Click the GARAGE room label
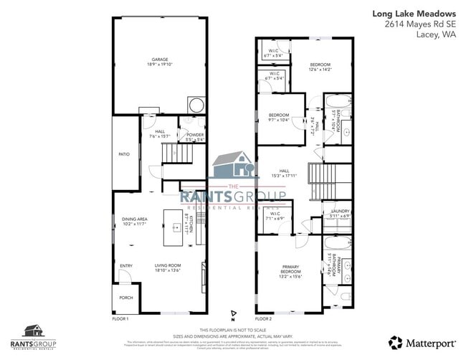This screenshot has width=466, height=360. click(x=159, y=61)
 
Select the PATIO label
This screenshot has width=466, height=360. click(x=124, y=154)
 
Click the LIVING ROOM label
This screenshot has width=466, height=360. click(x=168, y=269)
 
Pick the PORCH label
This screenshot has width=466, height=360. click(x=125, y=298)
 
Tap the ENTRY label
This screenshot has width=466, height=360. click(x=126, y=266)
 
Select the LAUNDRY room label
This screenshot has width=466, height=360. click(x=339, y=213)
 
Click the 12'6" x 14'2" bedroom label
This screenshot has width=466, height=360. click(x=320, y=67)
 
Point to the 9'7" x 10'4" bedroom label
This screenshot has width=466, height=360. click(x=279, y=118)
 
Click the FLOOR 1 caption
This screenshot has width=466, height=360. click(x=120, y=318)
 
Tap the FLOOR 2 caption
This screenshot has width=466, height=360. click(x=263, y=318)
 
